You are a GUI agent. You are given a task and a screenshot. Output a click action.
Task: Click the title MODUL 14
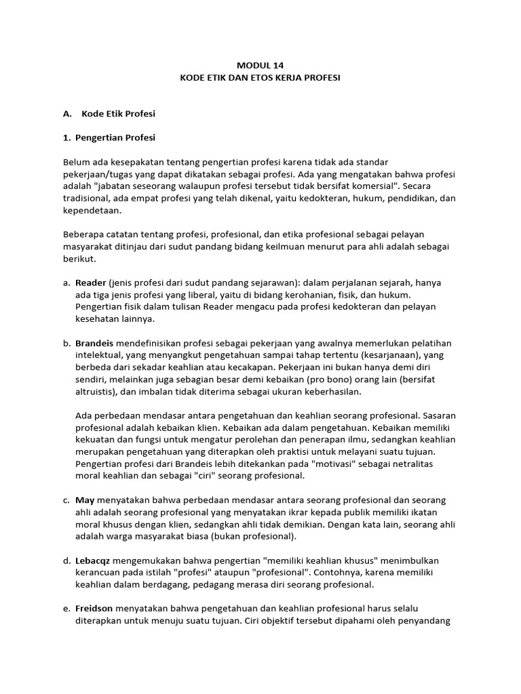point(260,66)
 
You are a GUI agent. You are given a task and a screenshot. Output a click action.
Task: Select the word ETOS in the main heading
point(270,78)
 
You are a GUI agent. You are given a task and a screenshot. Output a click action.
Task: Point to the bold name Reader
point(90,282)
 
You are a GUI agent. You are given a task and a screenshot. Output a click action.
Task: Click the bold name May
point(83,500)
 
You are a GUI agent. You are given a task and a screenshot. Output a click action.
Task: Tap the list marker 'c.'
point(66,500)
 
